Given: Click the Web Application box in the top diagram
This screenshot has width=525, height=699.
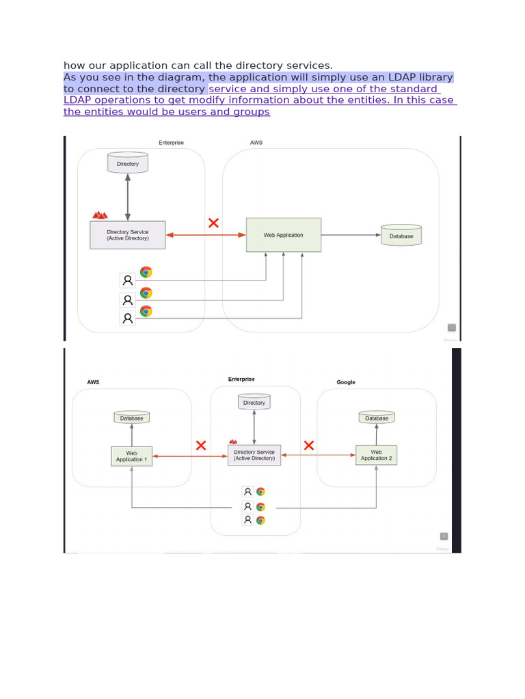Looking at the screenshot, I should [x=284, y=235].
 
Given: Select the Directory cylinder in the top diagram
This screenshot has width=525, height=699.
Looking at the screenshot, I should [x=128, y=163].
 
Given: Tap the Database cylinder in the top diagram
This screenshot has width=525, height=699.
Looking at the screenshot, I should [x=401, y=236].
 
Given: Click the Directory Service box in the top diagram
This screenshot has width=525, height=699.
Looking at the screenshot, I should [x=128, y=235].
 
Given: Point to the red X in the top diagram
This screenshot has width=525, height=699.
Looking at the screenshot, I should [x=213, y=223].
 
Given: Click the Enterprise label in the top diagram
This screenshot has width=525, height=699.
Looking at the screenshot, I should [x=171, y=143].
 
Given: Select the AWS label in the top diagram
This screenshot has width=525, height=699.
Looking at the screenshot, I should [x=256, y=143].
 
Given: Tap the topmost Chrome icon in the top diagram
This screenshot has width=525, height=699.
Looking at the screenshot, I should [x=146, y=272].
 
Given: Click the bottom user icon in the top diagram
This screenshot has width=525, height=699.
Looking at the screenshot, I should [x=127, y=318].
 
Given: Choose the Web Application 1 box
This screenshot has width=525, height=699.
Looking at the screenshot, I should [x=131, y=456].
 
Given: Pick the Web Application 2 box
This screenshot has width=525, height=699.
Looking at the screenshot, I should [x=376, y=455].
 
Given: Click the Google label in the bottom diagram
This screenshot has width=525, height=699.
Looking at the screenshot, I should [x=346, y=382].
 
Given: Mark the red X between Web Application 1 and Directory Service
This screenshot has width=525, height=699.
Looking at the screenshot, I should [x=201, y=446].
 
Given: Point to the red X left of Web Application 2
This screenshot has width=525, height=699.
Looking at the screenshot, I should [x=308, y=446].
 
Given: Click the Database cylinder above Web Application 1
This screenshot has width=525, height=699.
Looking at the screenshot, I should [x=132, y=418].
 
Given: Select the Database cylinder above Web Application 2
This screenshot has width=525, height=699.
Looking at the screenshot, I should [x=377, y=418].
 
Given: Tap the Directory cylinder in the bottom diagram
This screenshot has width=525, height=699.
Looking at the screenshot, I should [x=254, y=403].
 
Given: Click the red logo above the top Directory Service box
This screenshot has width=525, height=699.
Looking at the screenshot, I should [x=100, y=215].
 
